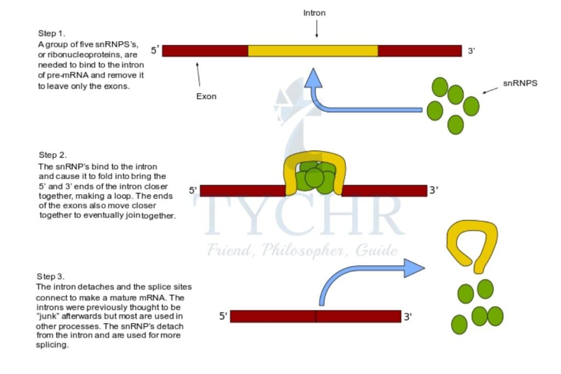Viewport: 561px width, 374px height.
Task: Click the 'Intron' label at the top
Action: (314, 13)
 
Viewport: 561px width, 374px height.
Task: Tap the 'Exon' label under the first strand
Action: (207, 96)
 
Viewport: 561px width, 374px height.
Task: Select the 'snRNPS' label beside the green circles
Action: (519, 84)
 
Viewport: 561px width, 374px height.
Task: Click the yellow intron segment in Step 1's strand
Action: (313, 51)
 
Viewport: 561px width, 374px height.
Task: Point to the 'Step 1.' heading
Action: (51, 33)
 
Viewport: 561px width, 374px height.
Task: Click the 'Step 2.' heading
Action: (53, 155)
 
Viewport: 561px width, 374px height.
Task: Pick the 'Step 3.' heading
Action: (50, 276)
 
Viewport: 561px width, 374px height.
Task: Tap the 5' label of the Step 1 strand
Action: (155, 51)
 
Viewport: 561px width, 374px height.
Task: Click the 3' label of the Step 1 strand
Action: (471, 51)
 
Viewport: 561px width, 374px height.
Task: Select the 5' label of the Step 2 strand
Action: (192, 191)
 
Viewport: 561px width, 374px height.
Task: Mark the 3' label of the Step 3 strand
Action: (408, 316)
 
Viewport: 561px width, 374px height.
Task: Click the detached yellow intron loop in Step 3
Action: (472, 241)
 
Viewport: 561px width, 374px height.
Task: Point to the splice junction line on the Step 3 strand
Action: (316, 316)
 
